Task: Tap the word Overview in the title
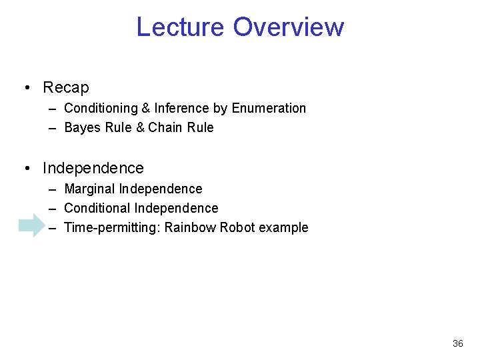coord(289,27)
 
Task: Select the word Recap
coord(65,87)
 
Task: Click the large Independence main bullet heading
coord(93,168)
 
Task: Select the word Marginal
coord(90,189)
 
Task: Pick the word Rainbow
coord(191,227)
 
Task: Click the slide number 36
coord(457,343)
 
